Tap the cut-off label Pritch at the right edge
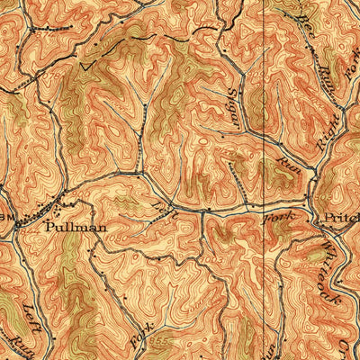339,218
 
